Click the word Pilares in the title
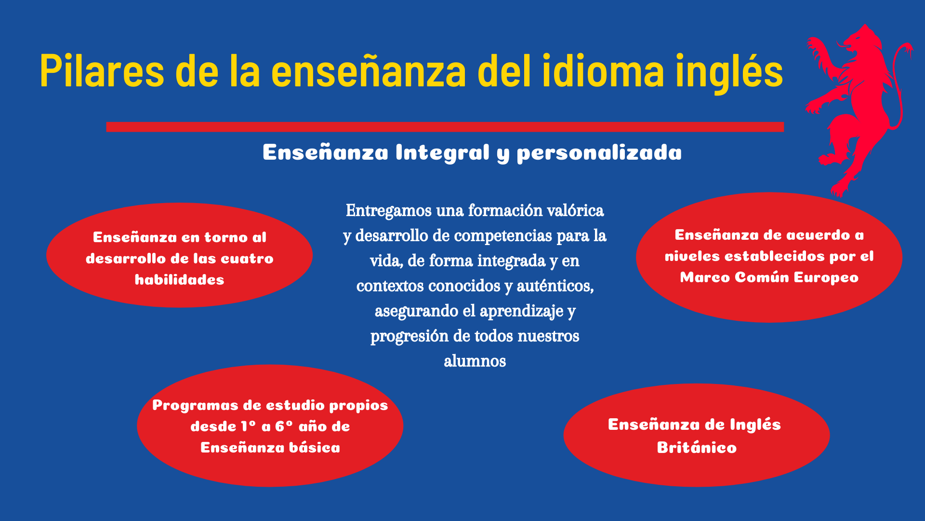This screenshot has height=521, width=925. coord(102,71)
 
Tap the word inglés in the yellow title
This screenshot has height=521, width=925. coord(729,72)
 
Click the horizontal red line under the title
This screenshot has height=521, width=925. coord(445,127)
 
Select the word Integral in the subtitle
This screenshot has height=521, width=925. coord(442,153)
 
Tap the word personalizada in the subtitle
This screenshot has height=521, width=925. coord(599,153)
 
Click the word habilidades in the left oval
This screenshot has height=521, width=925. coord(179,280)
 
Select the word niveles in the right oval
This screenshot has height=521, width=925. coord(692,256)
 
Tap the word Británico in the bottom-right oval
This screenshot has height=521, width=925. coord(697,447)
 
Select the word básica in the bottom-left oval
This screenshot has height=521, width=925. coord(314,448)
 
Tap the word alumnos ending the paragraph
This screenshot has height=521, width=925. coord(475,361)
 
